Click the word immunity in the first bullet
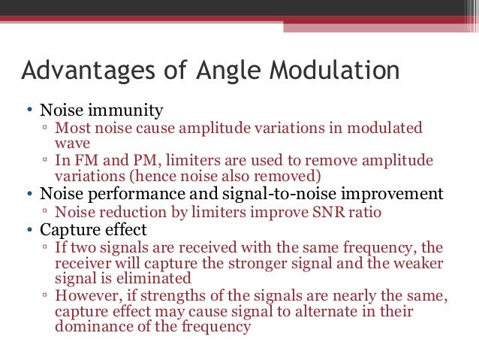point(131,111)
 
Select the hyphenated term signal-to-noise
point(280,194)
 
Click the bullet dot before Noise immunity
point(29,112)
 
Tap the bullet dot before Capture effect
point(29,229)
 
